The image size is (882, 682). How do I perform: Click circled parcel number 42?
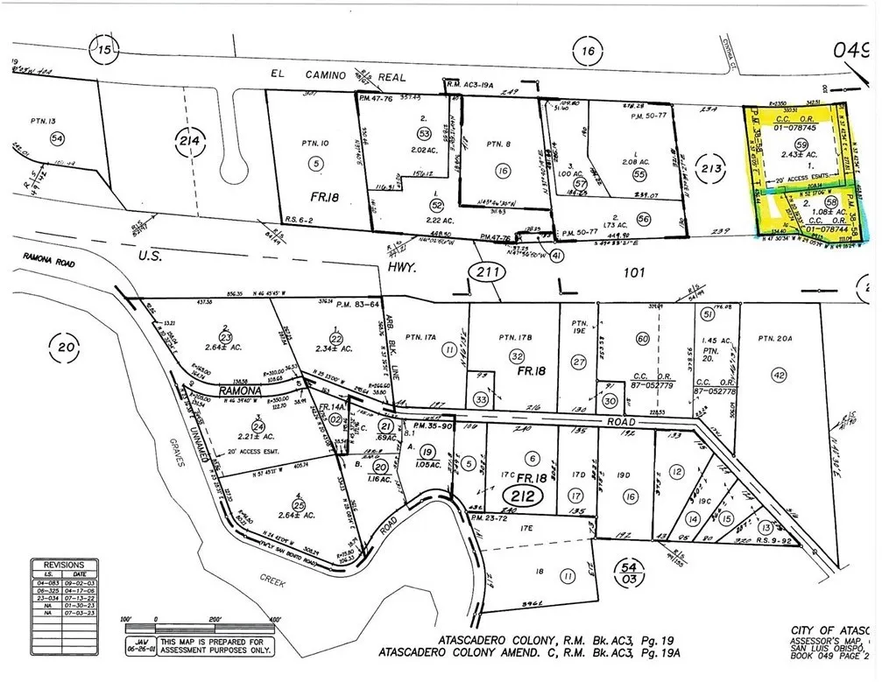click(x=778, y=375)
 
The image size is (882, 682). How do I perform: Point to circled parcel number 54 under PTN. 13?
click(x=58, y=138)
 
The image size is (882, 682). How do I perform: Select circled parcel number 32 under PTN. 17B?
click(x=518, y=356)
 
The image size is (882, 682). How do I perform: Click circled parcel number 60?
click(x=642, y=339)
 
